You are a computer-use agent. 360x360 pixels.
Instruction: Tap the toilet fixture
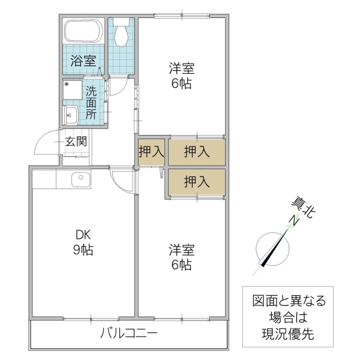pos(122,34)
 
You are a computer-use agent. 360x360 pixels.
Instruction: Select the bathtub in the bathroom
pos(83,34)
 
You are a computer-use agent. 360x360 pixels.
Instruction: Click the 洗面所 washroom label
pos(91,103)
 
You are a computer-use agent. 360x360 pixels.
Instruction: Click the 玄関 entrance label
pos(76,142)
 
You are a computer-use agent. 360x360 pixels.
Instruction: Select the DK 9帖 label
pos(83,242)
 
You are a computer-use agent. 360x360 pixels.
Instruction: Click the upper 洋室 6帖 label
pos(181,76)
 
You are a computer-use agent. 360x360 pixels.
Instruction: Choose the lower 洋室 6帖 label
pos(181,256)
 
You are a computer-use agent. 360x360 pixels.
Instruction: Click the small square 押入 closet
pos(151,151)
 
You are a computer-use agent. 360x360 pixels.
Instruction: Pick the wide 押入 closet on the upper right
pos(196,151)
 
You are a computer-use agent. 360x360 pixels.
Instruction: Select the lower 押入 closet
pos(196,182)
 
